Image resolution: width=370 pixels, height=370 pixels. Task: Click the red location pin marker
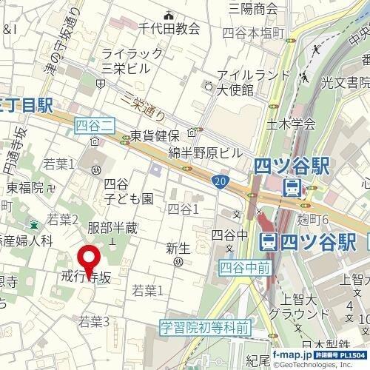click(x=90, y=260)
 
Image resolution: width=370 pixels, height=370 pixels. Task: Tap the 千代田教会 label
click(x=169, y=28)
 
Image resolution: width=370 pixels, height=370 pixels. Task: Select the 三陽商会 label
click(x=253, y=9)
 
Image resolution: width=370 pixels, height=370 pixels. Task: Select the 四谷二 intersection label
click(x=95, y=128)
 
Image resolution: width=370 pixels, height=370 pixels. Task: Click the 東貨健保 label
click(x=155, y=135)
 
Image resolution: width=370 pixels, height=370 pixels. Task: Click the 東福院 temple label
click(x=27, y=187)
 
